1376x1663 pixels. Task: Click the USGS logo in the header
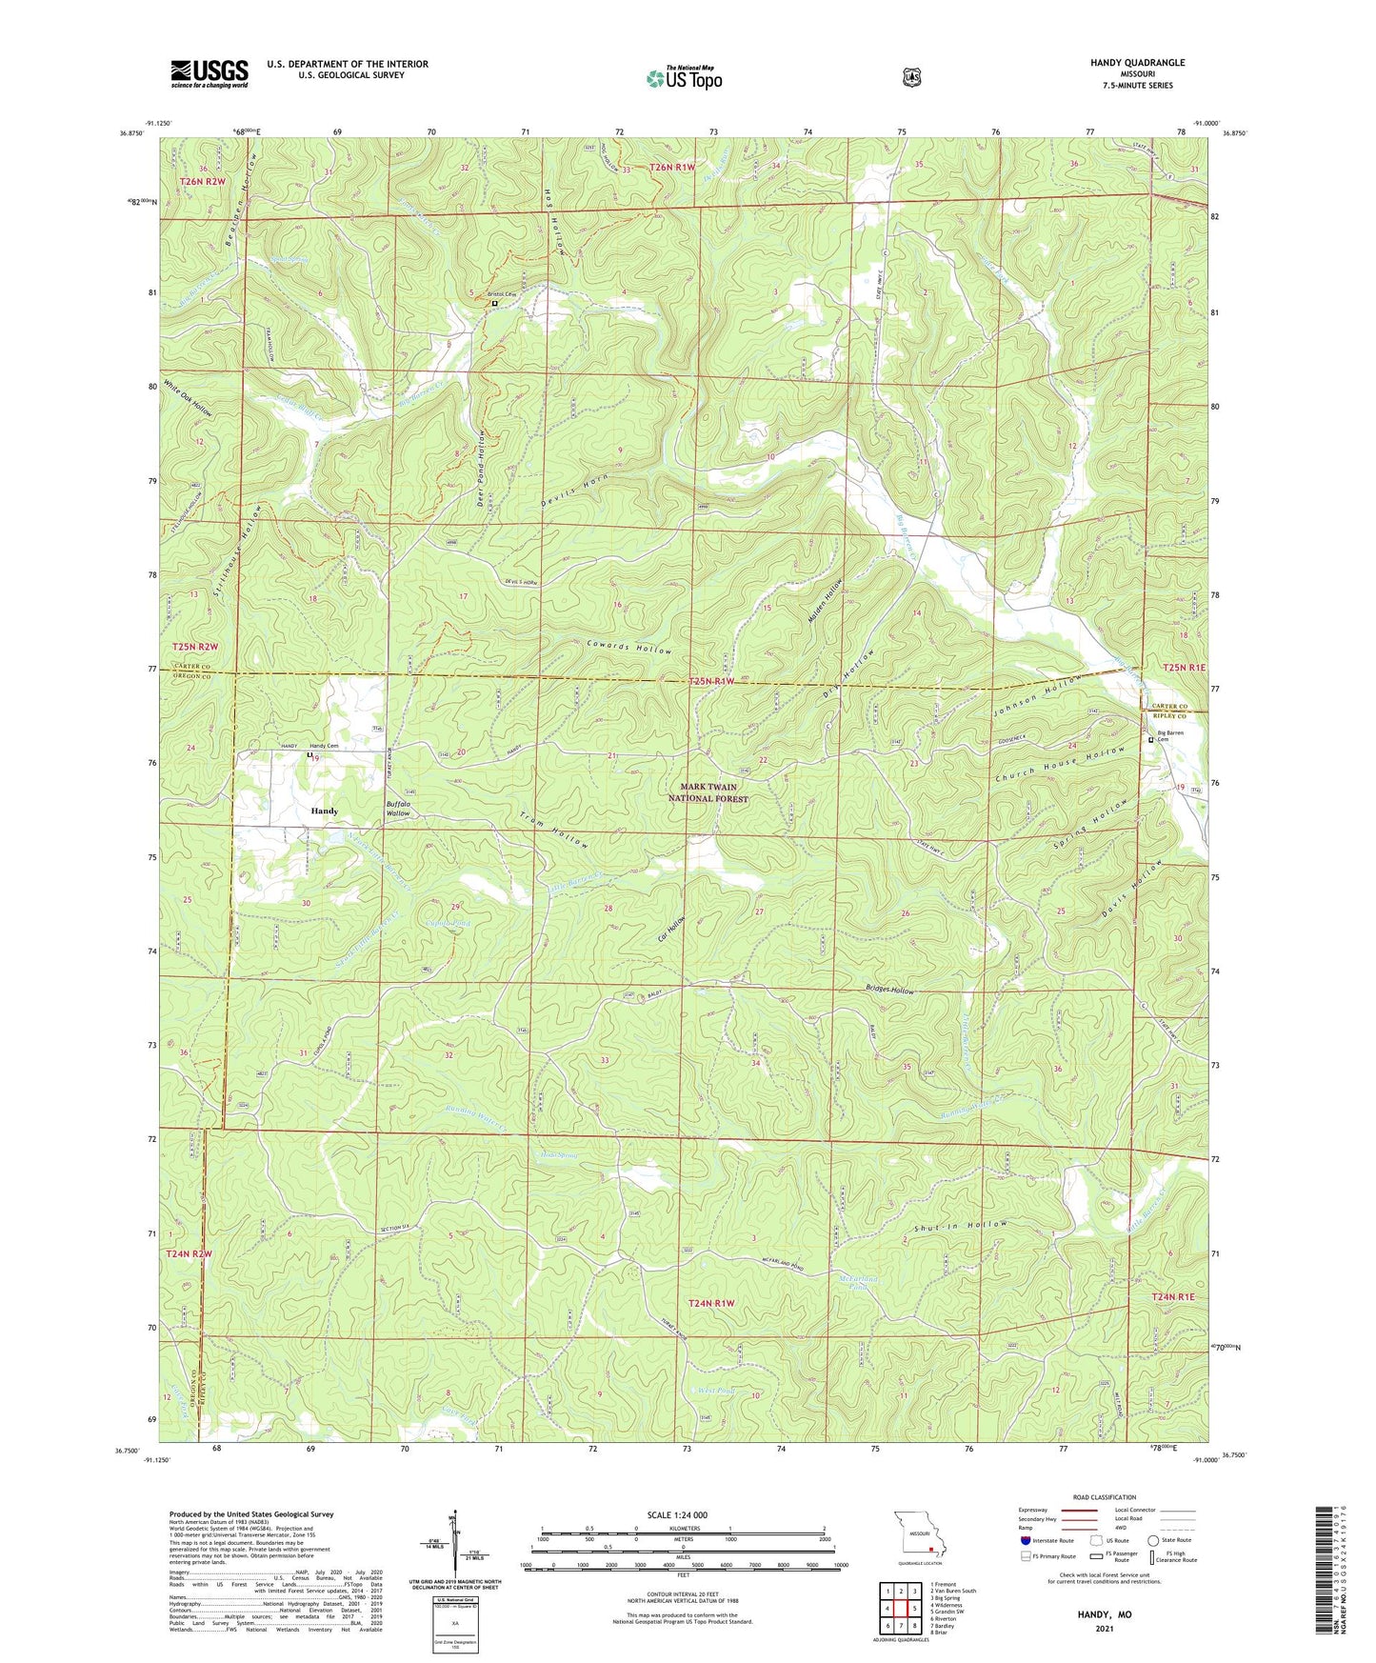tap(209, 73)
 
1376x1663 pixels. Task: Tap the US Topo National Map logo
tap(684, 77)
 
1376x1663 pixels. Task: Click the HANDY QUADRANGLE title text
tap(1138, 63)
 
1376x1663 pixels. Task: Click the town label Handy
tap(324, 811)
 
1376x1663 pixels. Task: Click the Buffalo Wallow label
tap(398, 809)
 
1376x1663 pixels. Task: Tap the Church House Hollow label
tap(1059, 762)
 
